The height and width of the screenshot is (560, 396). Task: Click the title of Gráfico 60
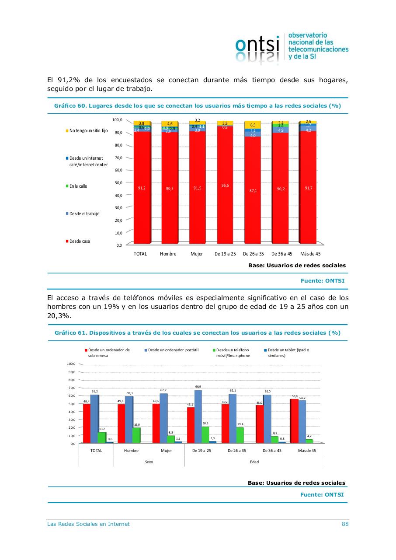(x=198, y=106)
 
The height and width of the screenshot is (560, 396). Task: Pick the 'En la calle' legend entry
(x=78, y=186)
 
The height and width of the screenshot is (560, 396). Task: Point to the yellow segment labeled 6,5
(x=253, y=125)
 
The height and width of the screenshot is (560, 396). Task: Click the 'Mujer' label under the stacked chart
(x=197, y=254)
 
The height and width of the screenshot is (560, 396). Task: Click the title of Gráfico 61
(x=198, y=333)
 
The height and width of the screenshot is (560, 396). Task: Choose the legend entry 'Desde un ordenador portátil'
(x=173, y=350)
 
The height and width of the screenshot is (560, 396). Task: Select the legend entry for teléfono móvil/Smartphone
(x=233, y=353)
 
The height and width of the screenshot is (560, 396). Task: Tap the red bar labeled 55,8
(x=294, y=420)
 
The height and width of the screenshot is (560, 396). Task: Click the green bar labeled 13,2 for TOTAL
(x=102, y=437)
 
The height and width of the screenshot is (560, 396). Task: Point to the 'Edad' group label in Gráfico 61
(x=254, y=462)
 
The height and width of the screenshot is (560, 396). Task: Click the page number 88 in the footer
(x=345, y=524)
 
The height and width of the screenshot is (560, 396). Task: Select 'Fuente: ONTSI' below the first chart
(x=322, y=281)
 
